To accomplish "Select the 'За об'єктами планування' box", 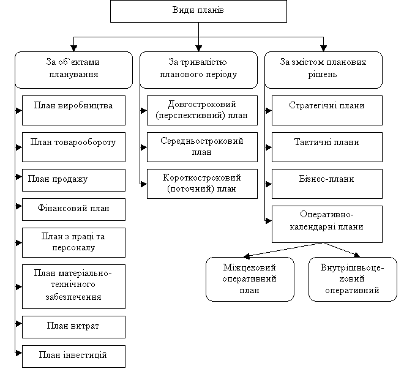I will (x=73, y=69).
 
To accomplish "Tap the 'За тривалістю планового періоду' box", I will (x=198, y=69).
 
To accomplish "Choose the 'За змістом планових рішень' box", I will (x=323, y=69).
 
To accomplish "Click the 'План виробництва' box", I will (x=73, y=106).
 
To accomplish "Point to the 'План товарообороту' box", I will (x=73, y=143).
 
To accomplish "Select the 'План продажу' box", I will (x=73, y=179).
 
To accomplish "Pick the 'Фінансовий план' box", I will (x=73, y=209).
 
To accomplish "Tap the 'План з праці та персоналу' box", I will (x=73, y=242).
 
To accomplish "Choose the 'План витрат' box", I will (x=73, y=326).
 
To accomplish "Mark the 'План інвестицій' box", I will (x=73, y=356).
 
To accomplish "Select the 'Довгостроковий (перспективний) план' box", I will (x=202, y=110).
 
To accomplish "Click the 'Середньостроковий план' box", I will (x=202, y=147).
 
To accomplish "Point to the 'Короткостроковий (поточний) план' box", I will (x=202, y=184).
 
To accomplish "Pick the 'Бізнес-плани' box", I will (x=327, y=180).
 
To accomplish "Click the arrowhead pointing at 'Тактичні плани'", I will (x=268, y=147).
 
